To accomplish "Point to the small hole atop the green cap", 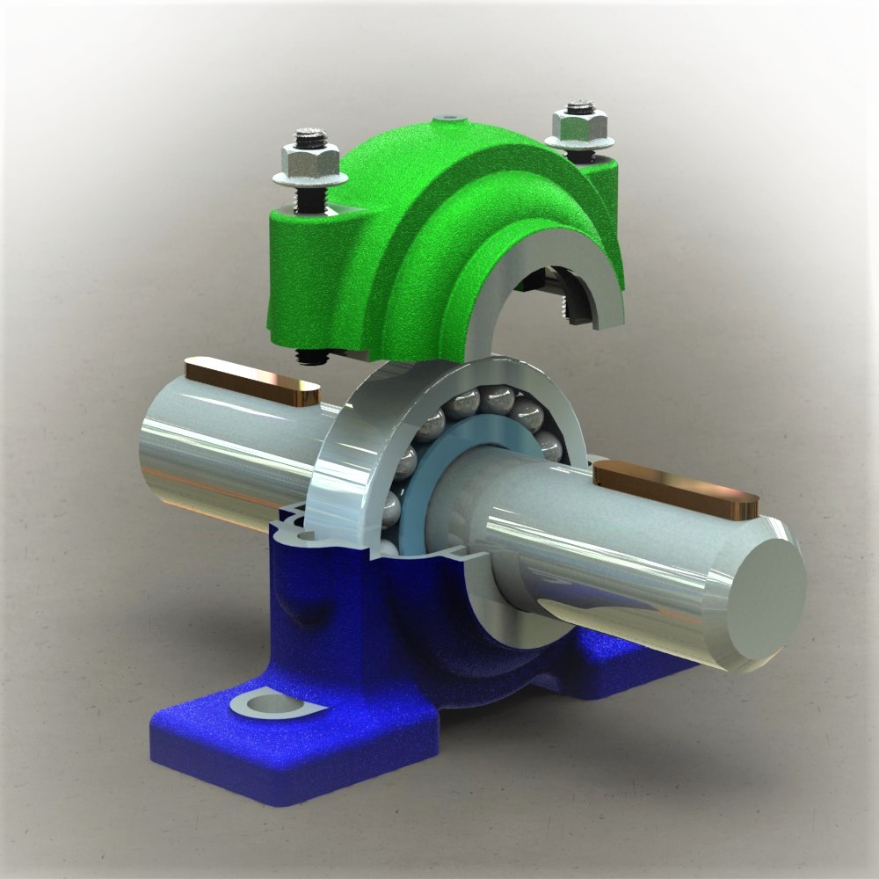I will click(451, 115).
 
